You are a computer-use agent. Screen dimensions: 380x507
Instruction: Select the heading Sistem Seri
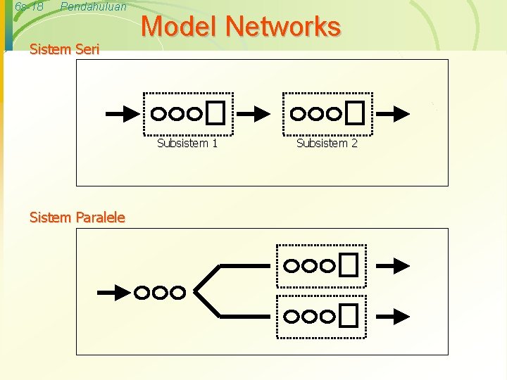65,49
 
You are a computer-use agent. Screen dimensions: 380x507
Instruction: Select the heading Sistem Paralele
77,217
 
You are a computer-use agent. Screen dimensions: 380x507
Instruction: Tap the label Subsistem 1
187,144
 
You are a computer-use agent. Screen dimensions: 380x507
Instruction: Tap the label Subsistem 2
327,144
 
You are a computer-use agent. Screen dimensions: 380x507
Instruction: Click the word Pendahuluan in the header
94,7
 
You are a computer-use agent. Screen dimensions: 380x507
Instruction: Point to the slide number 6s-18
29,7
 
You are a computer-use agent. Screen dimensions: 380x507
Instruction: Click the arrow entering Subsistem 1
122,113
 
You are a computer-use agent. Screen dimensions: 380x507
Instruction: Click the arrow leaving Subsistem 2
392,113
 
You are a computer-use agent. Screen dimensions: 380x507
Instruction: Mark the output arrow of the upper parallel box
392,265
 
